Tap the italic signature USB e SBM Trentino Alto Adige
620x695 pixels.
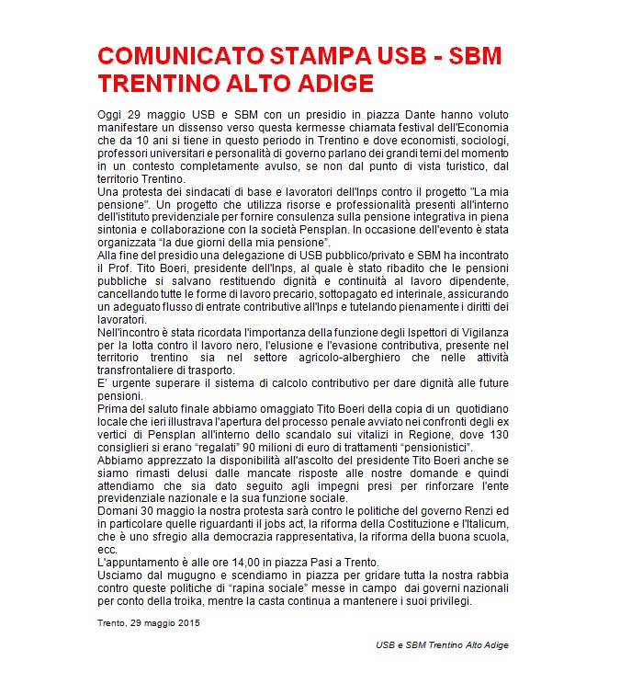[x=442, y=645]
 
